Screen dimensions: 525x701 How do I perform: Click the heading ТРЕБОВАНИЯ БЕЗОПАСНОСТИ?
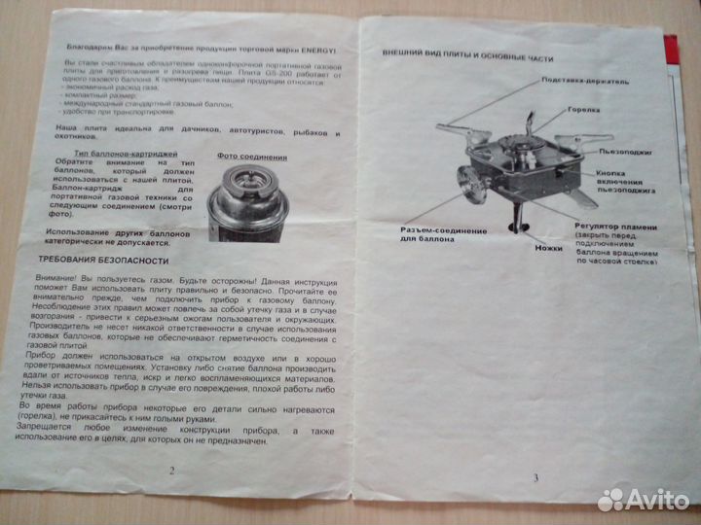(x=102, y=261)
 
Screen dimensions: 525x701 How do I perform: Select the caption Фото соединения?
(x=252, y=157)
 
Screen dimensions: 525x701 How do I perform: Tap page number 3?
(x=535, y=475)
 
